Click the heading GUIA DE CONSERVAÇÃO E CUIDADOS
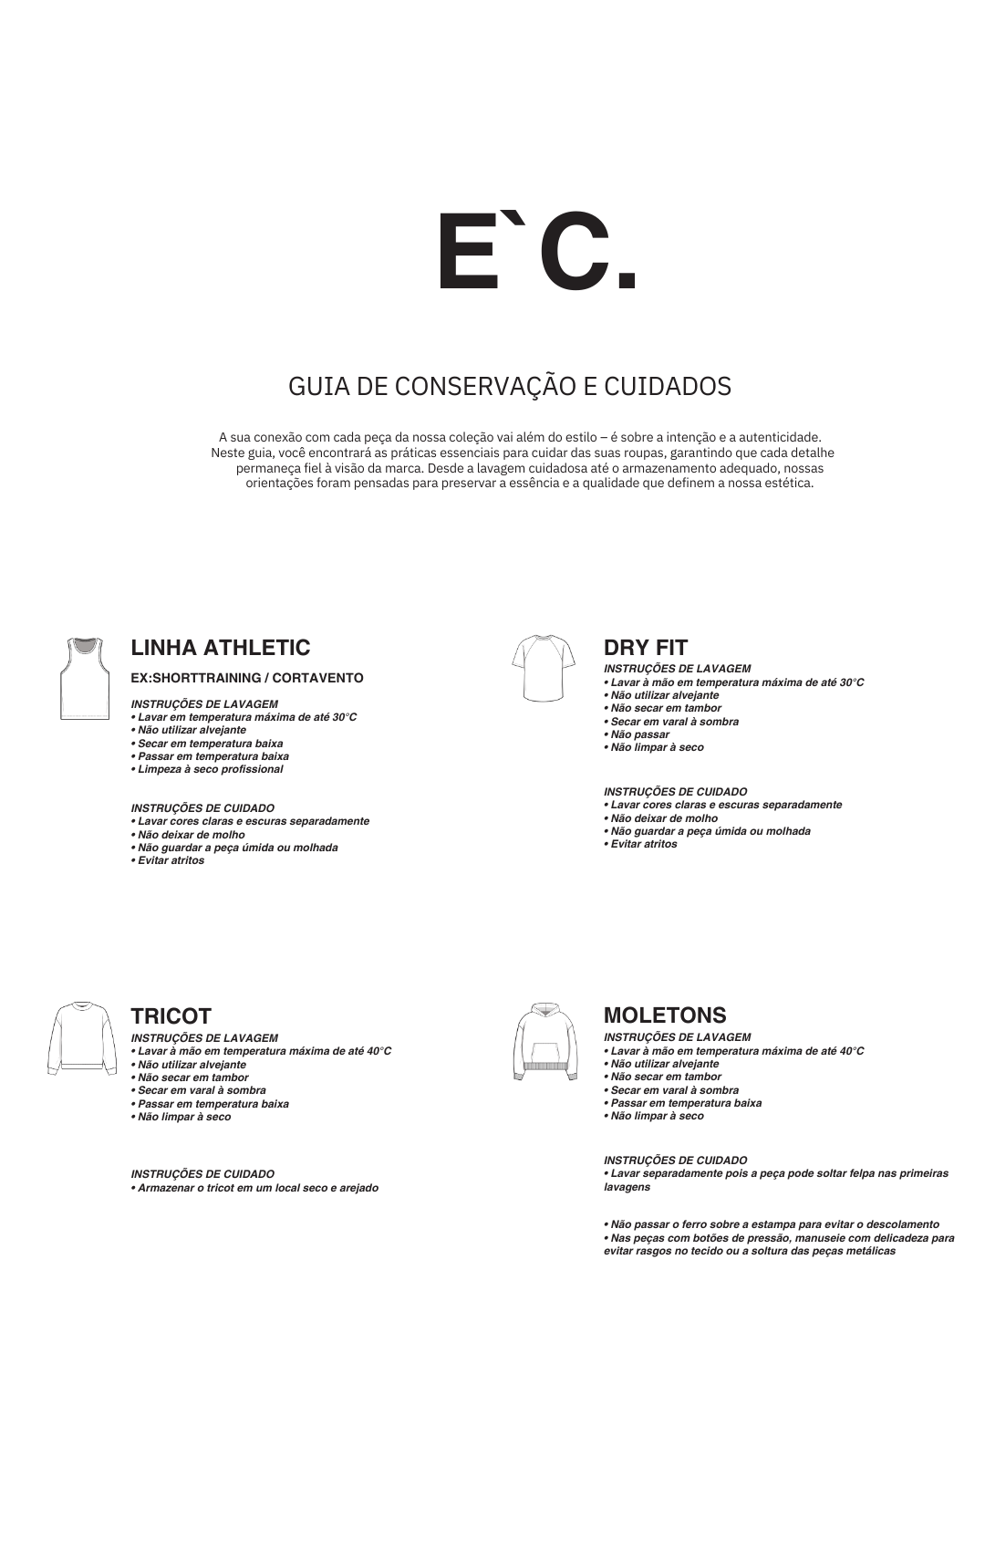pyautogui.click(x=509, y=386)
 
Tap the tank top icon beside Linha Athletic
pyautogui.click(x=84, y=679)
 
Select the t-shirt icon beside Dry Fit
pyautogui.click(x=544, y=668)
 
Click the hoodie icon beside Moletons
pyautogui.click(x=544, y=1042)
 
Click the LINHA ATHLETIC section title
pyautogui.click(x=221, y=648)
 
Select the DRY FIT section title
pyautogui.click(x=646, y=648)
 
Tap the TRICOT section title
pyautogui.click(x=171, y=1016)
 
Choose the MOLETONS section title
pyautogui.click(x=665, y=1015)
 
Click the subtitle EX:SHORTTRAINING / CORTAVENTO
pyautogui.click(x=247, y=678)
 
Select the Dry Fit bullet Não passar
pyautogui.click(x=639, y=734)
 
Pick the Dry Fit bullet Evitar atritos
pyautogui.click(x=643, y=844)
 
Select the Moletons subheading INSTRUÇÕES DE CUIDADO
pyautogui.click(x=675, y=1161)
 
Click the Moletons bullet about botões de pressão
pyautogui.click(x=779, y=1244)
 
